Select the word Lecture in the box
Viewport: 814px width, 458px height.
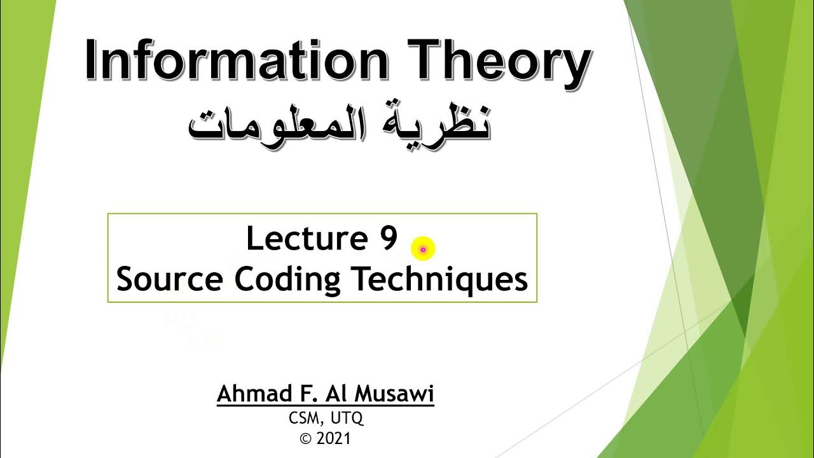[303, 239]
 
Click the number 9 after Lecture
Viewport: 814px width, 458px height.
[390, 239]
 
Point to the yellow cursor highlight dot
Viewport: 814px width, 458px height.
[423, 249]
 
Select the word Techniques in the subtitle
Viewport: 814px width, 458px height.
[438, 281]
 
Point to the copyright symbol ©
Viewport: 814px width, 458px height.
[307, 439]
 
